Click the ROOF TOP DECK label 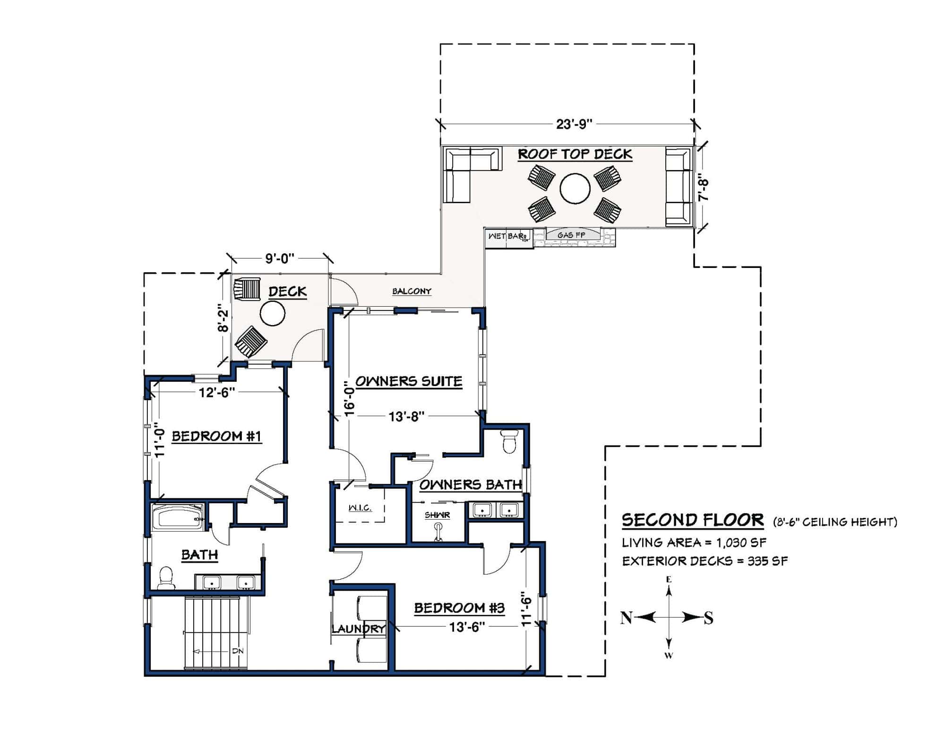(575, 155)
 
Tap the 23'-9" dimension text (574, 124)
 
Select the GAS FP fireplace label (571, 235)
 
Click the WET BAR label (507, 236)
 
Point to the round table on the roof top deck (575, 188)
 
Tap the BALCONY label (412, 292)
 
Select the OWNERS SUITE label (408, 381)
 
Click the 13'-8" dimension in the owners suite (406, 416)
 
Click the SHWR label (437, 515)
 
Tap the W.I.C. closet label (360, 508)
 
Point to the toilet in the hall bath (165, 578)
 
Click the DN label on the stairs (237, 651)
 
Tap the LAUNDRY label (358, 629)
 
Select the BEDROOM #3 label (459, 608)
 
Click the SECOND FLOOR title (692, 520)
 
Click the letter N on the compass (626, 618)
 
